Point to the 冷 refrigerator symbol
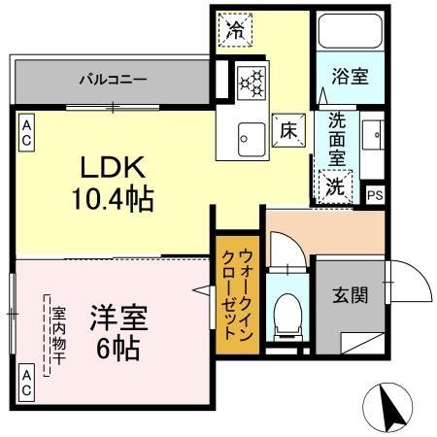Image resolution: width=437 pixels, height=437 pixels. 235,29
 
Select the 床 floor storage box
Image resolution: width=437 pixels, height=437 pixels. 288,128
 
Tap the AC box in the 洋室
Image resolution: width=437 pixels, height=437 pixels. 26,382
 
